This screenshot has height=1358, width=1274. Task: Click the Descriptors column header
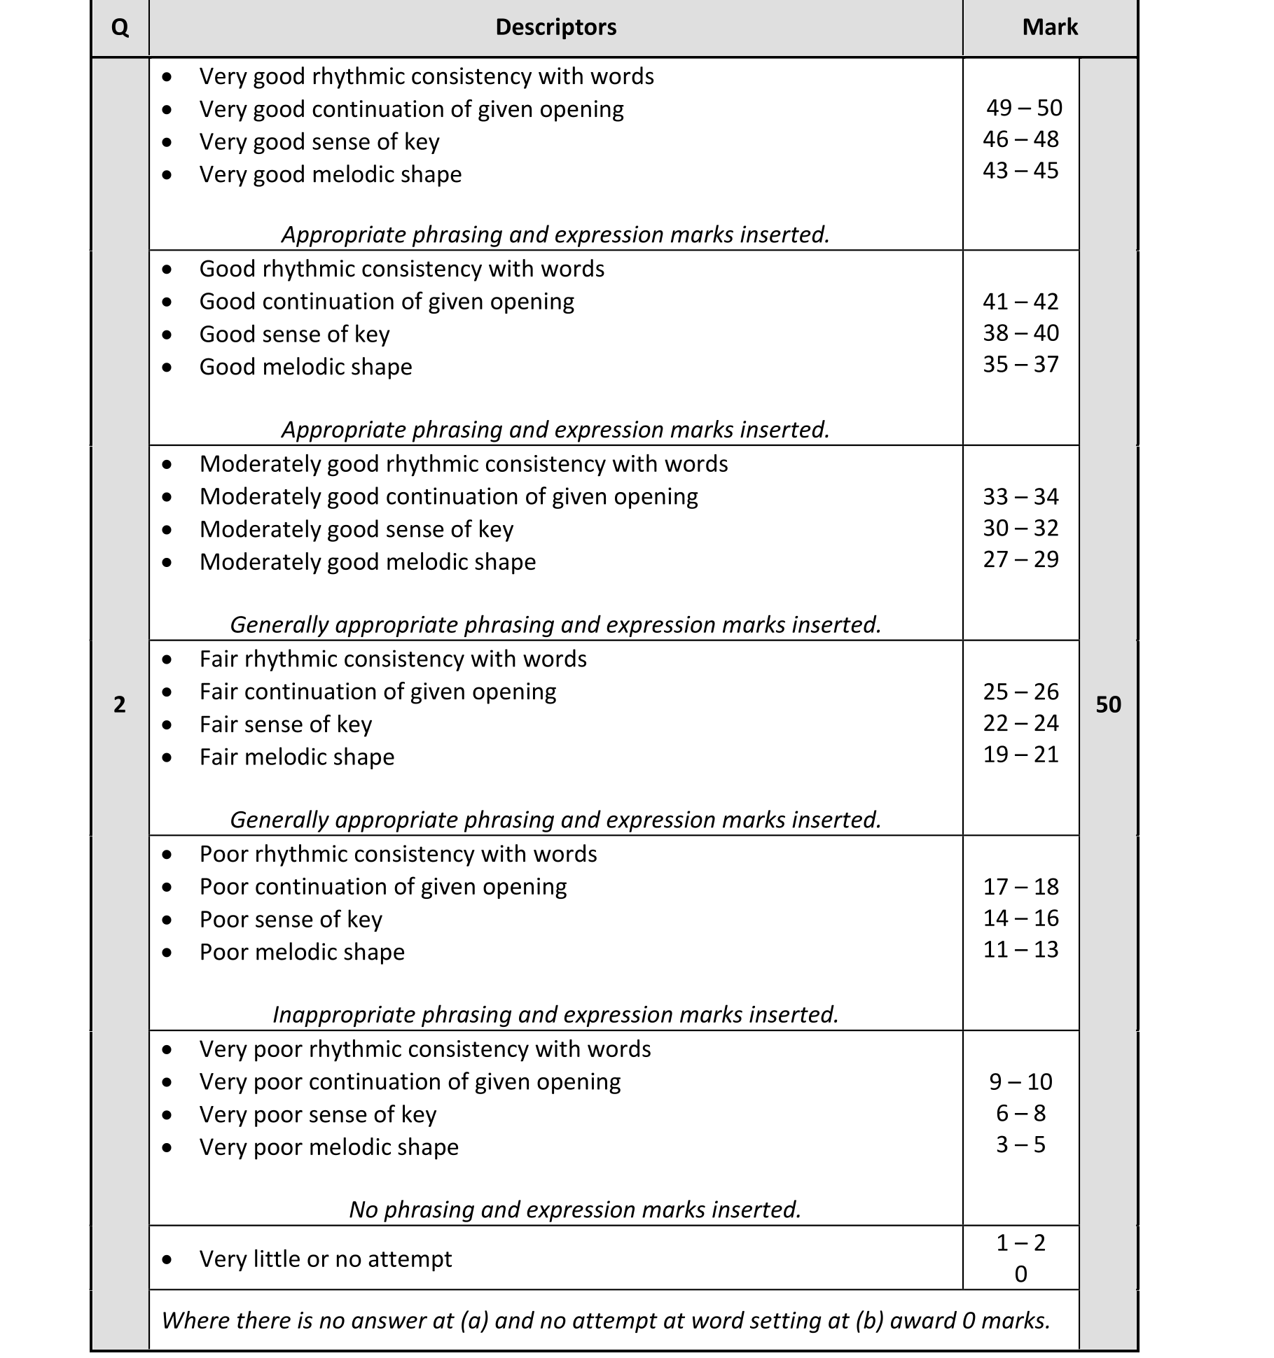click(555, 27)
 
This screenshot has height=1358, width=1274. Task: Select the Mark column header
click(1049, 27)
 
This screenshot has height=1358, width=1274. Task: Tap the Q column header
click(120, 28)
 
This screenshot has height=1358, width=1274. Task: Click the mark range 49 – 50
click(1024, 108)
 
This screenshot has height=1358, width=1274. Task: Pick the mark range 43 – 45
click(1020, 171)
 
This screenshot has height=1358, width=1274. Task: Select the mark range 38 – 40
click(1020, 333)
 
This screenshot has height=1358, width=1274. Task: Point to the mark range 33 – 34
click(1020, 497)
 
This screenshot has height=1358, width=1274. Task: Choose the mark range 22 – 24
click(1020, 723)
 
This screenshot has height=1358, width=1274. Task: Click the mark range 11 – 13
click(1020, 950)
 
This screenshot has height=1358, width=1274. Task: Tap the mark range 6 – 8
click(1020, 1113)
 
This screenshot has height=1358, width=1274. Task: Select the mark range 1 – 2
click(1020, 1242)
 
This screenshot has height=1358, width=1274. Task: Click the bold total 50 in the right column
click(1108, 704)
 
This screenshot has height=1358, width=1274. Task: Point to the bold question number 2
click(120, 704)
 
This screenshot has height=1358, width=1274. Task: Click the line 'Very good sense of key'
click(319, 142)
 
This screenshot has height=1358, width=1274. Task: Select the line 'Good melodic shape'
click(305, 367)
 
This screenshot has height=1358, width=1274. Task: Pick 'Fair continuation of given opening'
click(378, 692)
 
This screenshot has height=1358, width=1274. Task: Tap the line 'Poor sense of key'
click(291, 919)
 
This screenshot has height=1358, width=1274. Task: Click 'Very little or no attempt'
click(326, 1259)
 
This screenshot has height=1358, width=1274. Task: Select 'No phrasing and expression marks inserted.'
click(575, 1210)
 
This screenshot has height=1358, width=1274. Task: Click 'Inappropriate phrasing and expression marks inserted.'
click(555, 1014)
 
